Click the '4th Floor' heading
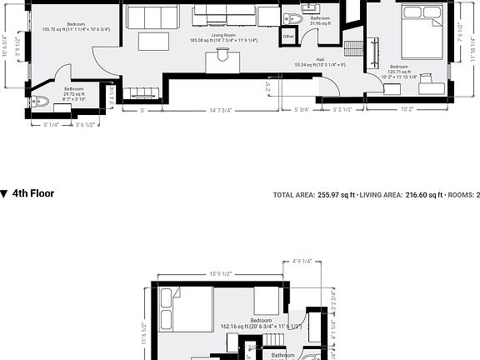tap(33, 193)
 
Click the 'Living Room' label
tap(222, 34)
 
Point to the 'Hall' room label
tap(321, 59)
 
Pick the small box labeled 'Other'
tap(288, 37)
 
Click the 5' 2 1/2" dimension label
tap(347, 109)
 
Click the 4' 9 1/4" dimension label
tap(302, 261)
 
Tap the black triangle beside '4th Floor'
tap(5, 193)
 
